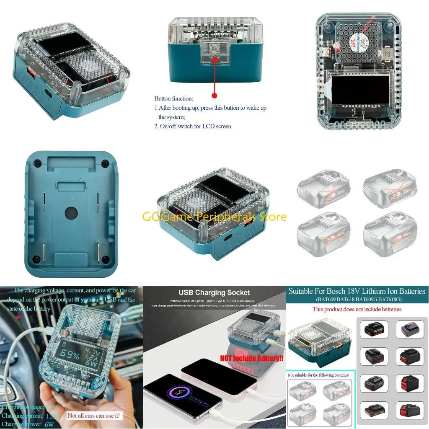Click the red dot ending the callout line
click(x=214, y=96)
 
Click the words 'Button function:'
click(x=173, y=99)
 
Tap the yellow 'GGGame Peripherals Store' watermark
click(x=214, y=217)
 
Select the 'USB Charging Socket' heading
click(x=214, y=292)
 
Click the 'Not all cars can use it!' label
click(x=94, y=416)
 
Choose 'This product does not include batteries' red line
click(x=357, y=309)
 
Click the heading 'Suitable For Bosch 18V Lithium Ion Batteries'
click(x=357, y=291)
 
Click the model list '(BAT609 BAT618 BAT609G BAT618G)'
click(x=357, y=300)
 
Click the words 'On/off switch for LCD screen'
click(x=195, y=126)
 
